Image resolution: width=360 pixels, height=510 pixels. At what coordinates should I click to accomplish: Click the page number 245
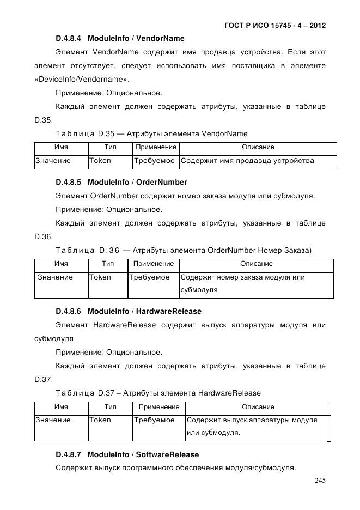click(x=320, y=481)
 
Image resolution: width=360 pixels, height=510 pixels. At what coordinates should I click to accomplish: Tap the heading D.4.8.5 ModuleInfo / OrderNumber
click(x=121, y=182)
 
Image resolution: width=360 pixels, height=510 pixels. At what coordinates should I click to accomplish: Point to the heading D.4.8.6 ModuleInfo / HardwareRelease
click(x=129, y=312)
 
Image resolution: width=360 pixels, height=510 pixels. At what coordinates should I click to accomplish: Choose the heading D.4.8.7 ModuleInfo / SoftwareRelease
click(x=127, y=454)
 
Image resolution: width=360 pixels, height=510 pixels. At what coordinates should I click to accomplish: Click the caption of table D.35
click(x=151, y=133)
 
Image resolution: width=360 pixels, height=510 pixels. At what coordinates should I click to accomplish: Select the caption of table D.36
click(x=183, y=250)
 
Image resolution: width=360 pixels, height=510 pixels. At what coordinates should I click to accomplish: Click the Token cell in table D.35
click(x=100, y=161)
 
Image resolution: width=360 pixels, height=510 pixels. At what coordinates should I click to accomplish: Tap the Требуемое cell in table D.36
click(x=149, y=277)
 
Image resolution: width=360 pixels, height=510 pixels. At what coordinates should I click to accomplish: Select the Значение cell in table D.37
click(x=53, y=420)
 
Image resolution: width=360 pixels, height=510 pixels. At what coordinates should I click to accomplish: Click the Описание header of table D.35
click(x=258, y=147)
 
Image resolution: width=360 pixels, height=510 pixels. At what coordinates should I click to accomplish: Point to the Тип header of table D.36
click(x=108, y=264)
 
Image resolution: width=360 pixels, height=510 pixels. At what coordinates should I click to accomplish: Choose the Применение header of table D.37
click(x=159, y=407)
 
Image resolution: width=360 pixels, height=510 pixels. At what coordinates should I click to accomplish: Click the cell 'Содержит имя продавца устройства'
click(x=247, y=161)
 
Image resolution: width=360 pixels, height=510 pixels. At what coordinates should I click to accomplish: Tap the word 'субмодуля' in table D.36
click(x=199, y=290)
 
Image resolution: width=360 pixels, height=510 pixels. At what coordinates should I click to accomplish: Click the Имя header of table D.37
click(x=61, y=407)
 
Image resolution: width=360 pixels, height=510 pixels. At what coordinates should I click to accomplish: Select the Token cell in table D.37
click(x=100, y=420)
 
